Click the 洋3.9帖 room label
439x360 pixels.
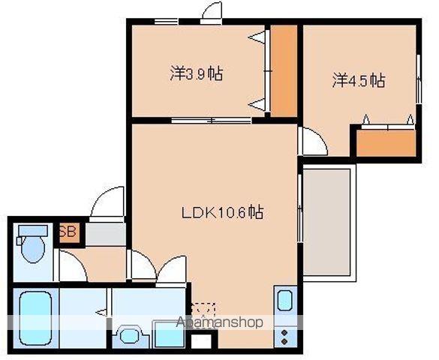click(196, 74)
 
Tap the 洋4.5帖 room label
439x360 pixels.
click(359, 80)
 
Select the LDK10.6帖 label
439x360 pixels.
click(221, 212)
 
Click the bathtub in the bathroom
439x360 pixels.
click(35, 316)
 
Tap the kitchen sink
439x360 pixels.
click(286, 302)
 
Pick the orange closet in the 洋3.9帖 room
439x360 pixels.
click(284, 71)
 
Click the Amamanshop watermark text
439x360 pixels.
click(219, 323)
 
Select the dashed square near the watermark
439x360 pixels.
click(203, 310)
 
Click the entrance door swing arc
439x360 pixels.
click(106, 202)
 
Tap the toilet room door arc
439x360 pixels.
click(73, 266)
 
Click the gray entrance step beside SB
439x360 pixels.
click(104, 233)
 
